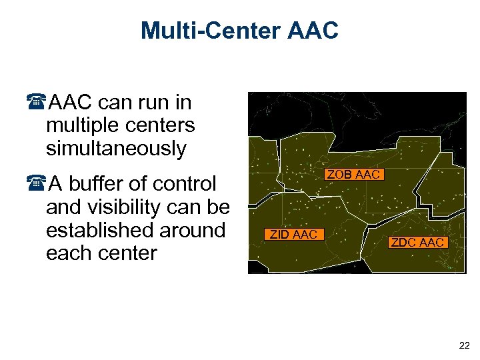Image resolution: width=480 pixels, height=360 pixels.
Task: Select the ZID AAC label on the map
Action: [293, 234]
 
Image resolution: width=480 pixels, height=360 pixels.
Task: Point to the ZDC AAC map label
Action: [417, 242]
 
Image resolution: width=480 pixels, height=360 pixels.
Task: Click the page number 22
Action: [464, 345]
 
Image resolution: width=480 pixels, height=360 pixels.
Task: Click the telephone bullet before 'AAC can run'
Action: [38, 103]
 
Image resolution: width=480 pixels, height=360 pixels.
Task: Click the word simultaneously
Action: [116, 149]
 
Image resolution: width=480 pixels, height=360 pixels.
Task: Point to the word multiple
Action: [79, 125]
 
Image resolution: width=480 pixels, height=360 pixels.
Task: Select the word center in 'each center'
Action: [125, 253]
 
